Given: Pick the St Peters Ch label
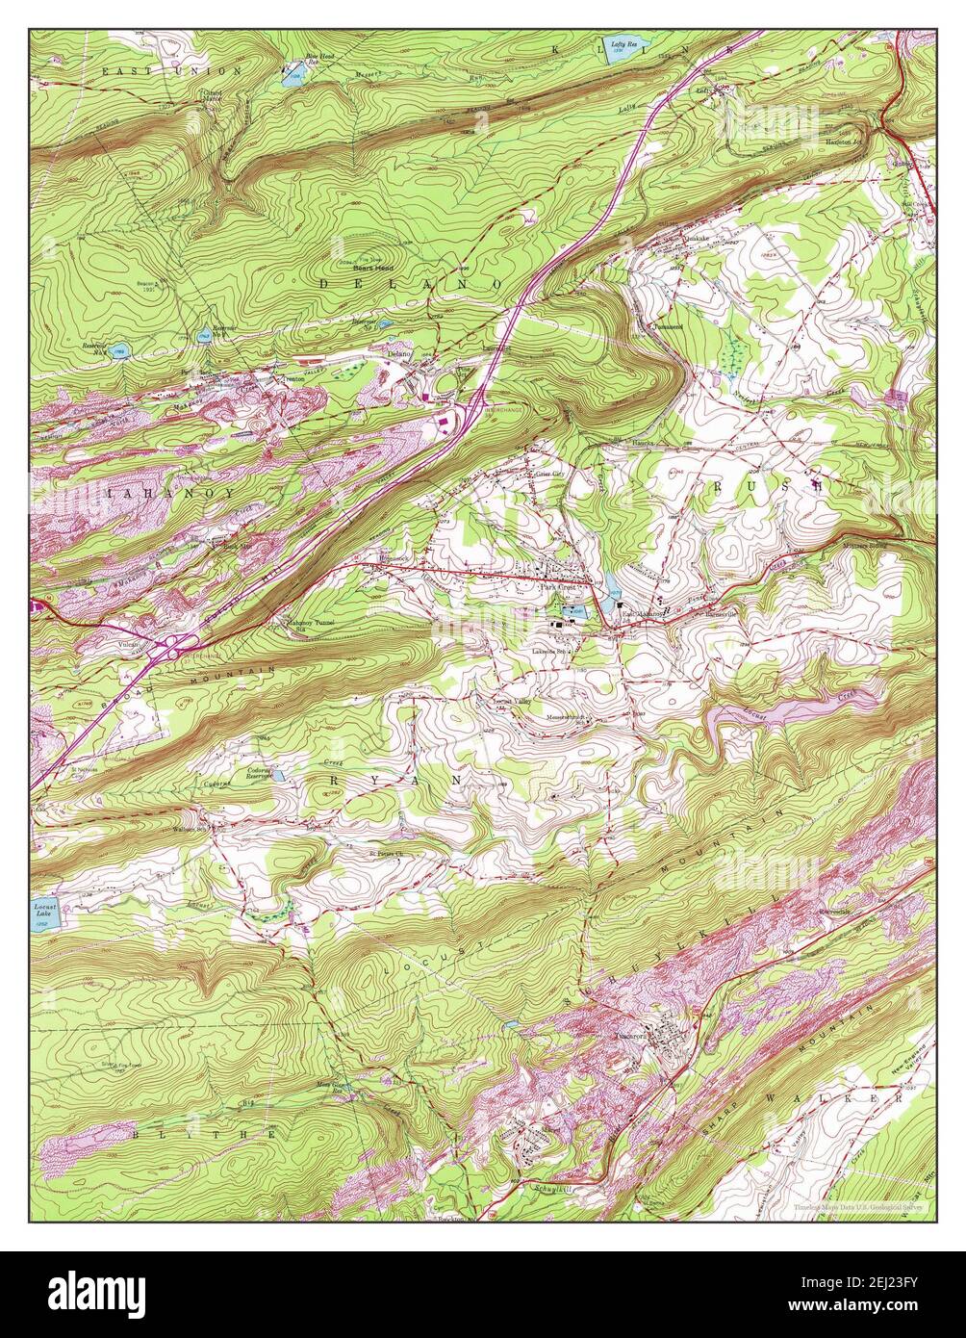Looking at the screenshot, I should [383, 851].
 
